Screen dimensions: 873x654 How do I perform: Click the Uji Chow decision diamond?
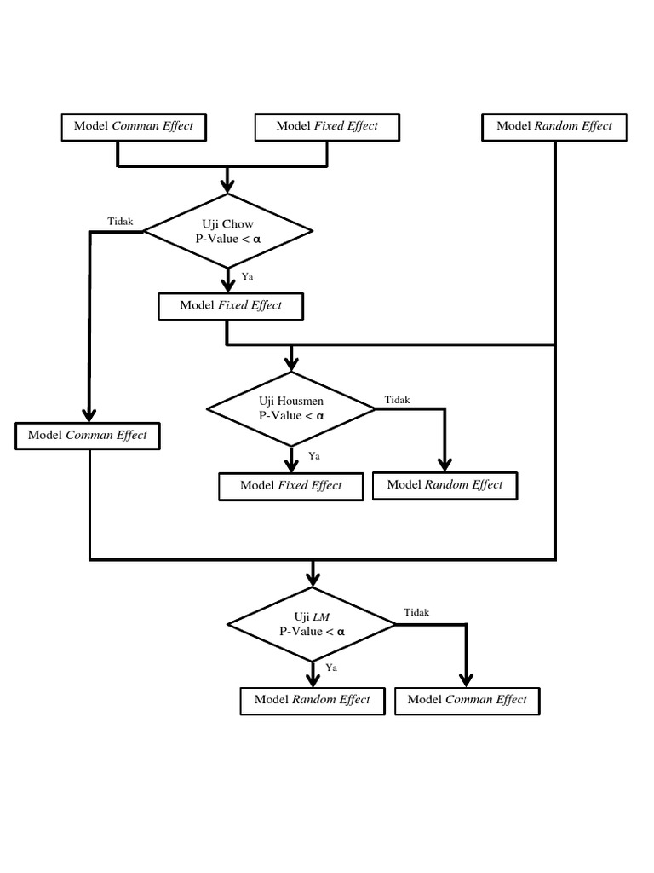pyautogui.click(x=227, y=231)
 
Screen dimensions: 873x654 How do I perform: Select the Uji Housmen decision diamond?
pyautogui.click(x=291, y=408)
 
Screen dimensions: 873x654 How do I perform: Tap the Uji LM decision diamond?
pyautogui.click(x=312, y=624)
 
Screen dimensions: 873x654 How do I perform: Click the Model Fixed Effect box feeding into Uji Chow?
pyautogui.click(x=327, y=126)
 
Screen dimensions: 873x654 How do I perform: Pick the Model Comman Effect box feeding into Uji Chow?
pyautogui.click(x=134, y=126)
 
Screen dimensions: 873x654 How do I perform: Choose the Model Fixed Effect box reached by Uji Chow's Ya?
pyautogui.click(x=231, y=305)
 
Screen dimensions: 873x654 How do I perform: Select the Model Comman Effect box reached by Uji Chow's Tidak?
pyautogui.click(x=88, y=435)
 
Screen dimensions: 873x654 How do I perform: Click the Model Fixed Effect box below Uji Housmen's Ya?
pyautogui.click(x=291, y=485)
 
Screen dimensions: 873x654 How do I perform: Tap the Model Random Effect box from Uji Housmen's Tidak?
pyautogui.click(x=445, y=484)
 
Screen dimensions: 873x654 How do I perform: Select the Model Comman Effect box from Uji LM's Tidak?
pyautogui.click(x=467, y=700)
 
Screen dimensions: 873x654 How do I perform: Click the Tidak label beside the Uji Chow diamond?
pyautogui.click(x=120, y=222)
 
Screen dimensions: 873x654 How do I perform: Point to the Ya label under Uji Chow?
pyautogui.click(x=247, y=277)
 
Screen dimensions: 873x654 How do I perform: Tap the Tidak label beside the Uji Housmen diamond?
pyautogui.click(x=397, y=400)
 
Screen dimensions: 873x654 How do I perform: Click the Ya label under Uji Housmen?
pyautogui.click(x=313, y=456)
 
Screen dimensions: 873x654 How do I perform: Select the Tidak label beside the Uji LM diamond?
pyautogui.click(x=416, y=612)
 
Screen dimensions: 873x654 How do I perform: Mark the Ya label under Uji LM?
pyautogui.click(x=331, y=668)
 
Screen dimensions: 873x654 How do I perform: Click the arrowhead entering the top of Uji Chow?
pyautogui.click(x=227, y=185)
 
